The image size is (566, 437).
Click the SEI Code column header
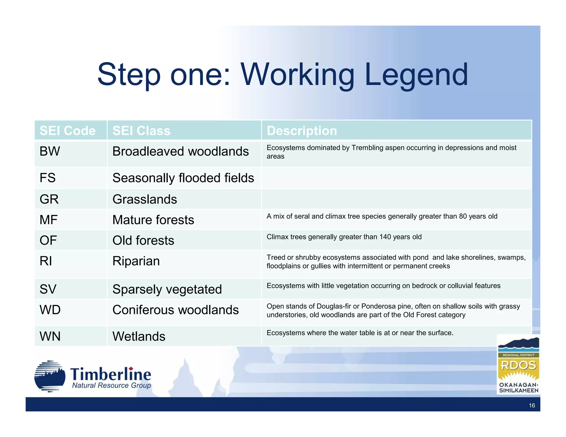click(x=67, y=131)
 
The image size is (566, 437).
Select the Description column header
click(x=302, y=131)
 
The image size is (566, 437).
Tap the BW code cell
click(x=50, y=151)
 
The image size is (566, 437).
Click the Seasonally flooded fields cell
click(x=183, y=178)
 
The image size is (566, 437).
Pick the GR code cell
click(x=49, y=199)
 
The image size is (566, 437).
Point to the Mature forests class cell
click(x=153, y=220)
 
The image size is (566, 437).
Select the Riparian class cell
click(x=136, y=261)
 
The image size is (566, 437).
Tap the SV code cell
click(x=48, y=289)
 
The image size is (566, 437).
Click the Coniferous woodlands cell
click(x=175, y=310)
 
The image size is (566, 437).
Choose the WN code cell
click(x=50, y=336)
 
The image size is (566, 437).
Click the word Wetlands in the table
click(x=139, y=336)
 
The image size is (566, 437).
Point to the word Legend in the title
click(x=416, y=75)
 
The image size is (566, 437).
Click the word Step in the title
click(x=129, y=75)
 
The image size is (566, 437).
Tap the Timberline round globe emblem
click(x=50, y=376)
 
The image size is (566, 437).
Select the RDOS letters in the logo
click(x=518, y=365)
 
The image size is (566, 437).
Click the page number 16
click(x=532, y=405)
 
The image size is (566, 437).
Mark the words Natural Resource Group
click(x=111, y=385)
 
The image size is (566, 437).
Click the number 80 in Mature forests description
click(x=463, y=216)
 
